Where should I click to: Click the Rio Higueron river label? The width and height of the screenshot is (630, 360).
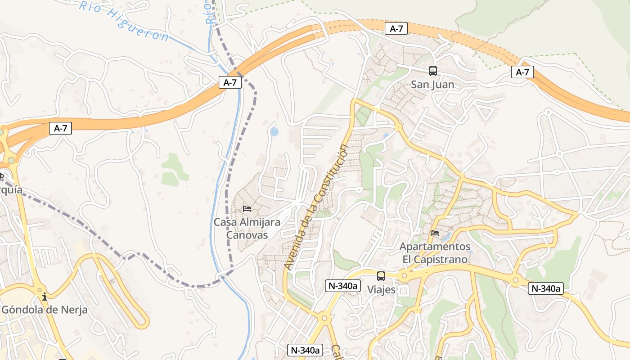(124, 21)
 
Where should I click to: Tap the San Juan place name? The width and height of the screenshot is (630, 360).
(432, 85)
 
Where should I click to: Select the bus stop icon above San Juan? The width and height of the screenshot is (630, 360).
(432, 71)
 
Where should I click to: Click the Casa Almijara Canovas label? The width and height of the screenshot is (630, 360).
(247, 228)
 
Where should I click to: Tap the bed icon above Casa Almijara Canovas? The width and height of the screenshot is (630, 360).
(247, 208)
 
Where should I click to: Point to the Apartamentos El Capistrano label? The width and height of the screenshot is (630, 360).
(435, 253)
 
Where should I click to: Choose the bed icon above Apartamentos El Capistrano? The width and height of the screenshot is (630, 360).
(435, 233)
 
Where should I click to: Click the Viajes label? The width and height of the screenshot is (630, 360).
(381, 290)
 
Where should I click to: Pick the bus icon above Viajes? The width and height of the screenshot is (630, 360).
(381, 276)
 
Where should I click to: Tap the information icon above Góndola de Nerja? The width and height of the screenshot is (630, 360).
(45, 297)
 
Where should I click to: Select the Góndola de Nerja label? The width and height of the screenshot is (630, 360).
(45, 310)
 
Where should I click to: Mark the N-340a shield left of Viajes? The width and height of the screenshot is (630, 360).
(343, 285)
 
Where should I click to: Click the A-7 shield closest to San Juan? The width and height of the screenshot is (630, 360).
(396, 29)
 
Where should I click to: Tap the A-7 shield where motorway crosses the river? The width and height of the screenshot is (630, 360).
(230, 82)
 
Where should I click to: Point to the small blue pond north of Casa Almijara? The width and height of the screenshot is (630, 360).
(274, 131)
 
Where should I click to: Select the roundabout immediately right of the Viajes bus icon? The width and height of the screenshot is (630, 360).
(404, 275)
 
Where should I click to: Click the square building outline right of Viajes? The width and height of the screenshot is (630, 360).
(403, 291)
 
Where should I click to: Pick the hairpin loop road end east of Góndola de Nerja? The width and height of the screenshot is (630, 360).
(143, 322)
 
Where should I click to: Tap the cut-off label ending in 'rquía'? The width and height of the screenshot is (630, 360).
(11, 190)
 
